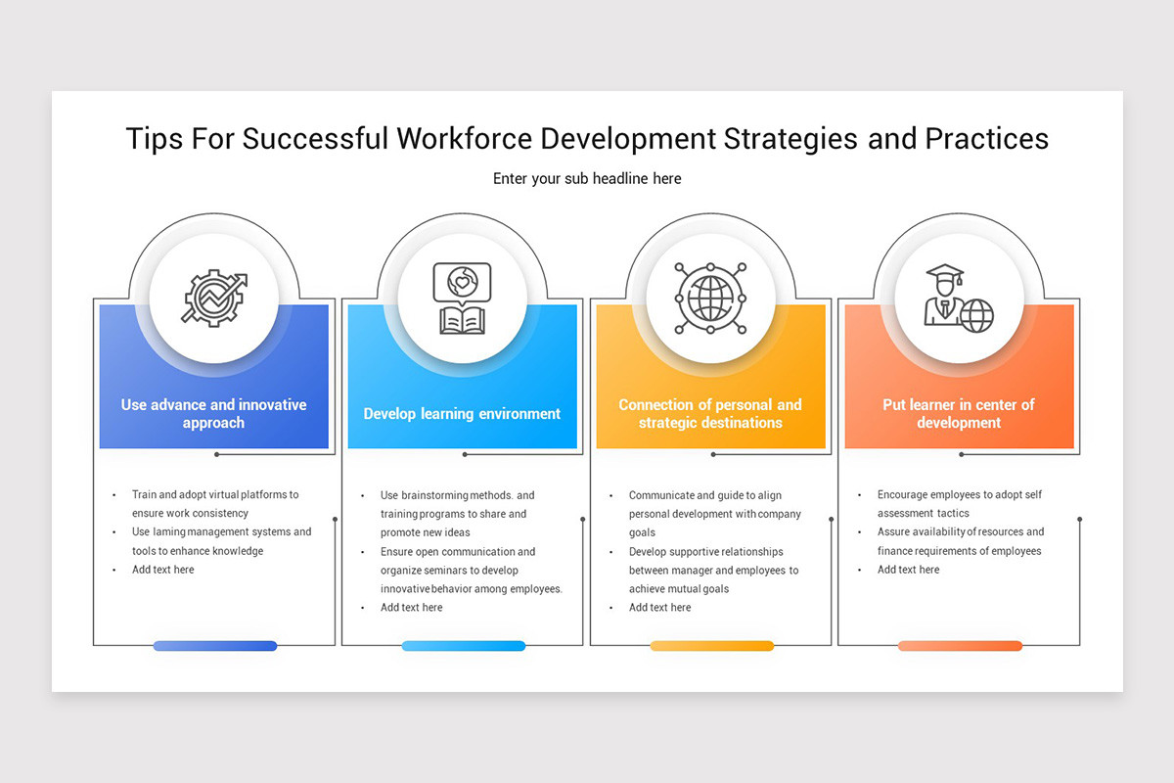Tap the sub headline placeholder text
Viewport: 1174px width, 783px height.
(587, 178)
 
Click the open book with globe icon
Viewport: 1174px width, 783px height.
(462, 298)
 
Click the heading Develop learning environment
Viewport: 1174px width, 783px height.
(462, 414)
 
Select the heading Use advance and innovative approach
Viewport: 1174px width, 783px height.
(214, 414)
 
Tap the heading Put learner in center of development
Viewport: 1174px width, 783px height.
(959, 414)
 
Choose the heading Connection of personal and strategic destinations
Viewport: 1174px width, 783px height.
(710, 414)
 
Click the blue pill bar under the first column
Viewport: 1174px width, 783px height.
(215, 646)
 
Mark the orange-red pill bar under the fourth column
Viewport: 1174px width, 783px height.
(960, 646)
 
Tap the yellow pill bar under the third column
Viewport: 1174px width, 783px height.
(711, 646)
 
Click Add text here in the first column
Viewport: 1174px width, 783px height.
(163, 570)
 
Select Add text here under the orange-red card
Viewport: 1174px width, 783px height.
(908, 570)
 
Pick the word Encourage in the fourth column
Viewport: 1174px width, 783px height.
(905, 495)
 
